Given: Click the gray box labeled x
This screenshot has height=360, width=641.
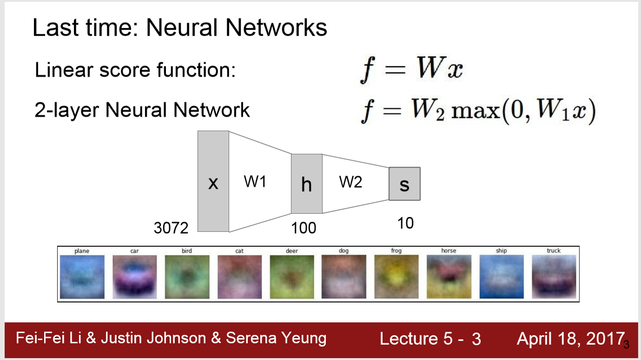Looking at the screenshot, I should coord(213,181).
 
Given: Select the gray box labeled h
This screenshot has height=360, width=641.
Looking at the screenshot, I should coord(306,183).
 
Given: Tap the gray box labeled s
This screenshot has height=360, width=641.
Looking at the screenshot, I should coord(404,184).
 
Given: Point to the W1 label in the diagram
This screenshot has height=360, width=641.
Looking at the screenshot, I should coord(255,182).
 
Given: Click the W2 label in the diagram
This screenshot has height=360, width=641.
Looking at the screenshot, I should coord(350,182).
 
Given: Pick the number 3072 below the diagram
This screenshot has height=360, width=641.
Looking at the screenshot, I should coord(171,228).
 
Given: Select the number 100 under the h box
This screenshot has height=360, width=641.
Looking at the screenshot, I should coord(304,228).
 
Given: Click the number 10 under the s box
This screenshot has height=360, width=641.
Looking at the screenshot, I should coord(405,223).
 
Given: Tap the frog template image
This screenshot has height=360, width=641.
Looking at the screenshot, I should coord(396,277).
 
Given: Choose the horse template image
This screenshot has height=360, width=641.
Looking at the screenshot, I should coord(449,277).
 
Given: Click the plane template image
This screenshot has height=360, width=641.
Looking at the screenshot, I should coord(82,277).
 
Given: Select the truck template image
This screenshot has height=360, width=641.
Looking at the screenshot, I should coord(554,277).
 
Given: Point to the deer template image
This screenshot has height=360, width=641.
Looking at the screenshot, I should coord(291,277).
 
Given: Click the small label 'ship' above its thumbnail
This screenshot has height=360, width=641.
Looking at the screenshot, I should coord(501,251).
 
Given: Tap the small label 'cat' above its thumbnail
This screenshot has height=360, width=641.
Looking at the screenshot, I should coord(239,251).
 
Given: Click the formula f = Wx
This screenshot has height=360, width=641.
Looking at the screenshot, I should coord(411,71).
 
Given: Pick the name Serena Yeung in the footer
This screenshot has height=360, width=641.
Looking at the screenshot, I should coord(276,338).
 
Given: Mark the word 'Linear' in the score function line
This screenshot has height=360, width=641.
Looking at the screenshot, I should coord(57,71).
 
